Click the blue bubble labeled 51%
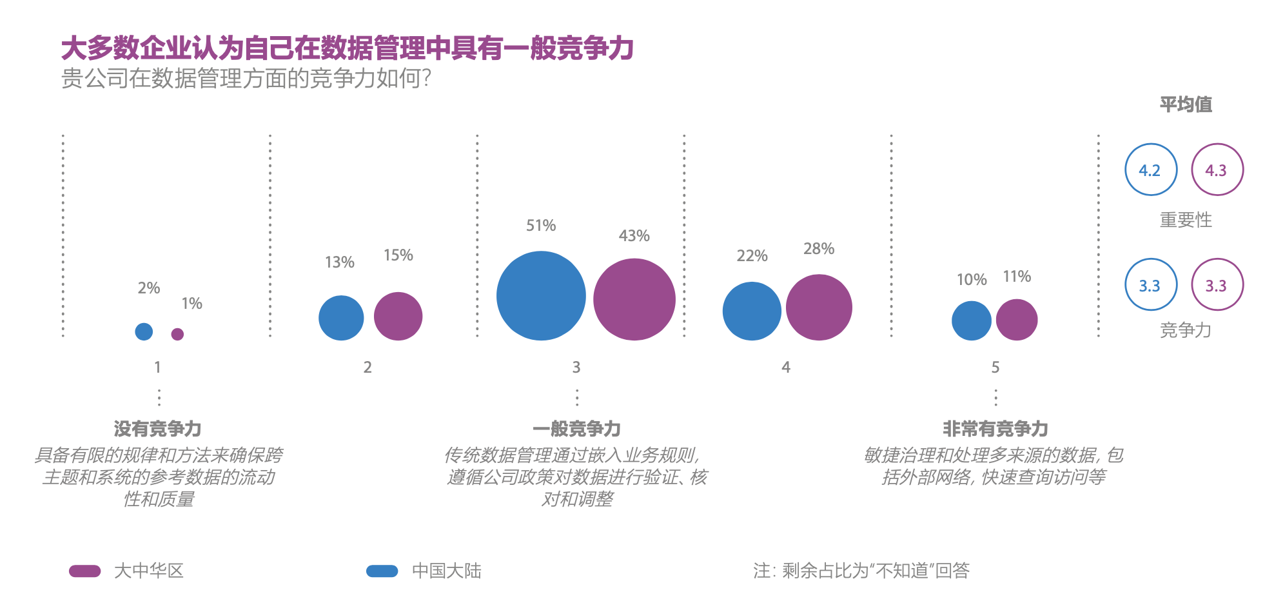(x=541, y=296)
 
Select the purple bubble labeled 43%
(x=634, y=299)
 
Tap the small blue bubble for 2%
(x=144, y=331)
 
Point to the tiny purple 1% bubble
(x=177, y=334)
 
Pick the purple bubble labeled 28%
(x=819, y=308)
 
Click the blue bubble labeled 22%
(x=752, y=311)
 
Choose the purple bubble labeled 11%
(x=1017, y=320)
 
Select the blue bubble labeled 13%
(x=341, y=318)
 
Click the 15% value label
(x=398, y=255)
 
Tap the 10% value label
(x=972, y=280)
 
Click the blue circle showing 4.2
(x=1151, y=170)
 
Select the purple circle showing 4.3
(x=1217, y=170)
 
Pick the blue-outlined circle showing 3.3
(x=1151, y=285)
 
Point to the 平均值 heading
(x=1186, y=104)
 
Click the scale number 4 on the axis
(x=785, y=368)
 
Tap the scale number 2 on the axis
(x=368, y=368)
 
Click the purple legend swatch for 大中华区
(x=85, y=571)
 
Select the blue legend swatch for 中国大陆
(x=382, y=571)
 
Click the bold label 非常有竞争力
(x=995, y=429)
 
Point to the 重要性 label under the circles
(x=1186, y=221)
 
